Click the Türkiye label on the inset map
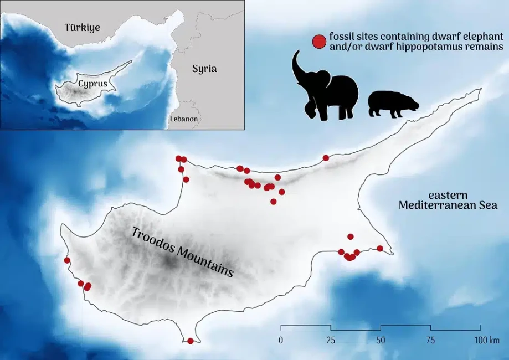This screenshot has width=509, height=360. coord(83,27)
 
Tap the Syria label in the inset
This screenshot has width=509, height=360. coord(204,69)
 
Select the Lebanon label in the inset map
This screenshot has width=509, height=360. coord(184,119)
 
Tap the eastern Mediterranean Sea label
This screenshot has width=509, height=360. coord(448,200)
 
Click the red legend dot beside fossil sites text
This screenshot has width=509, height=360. coord(319,42)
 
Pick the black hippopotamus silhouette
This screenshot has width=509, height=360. coord(393,104)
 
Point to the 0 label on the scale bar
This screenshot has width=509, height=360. coord(281,340)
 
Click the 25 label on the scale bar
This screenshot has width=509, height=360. coord(331,340)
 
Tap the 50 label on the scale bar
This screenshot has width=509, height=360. coord(381,340)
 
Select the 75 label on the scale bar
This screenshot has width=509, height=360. coord(430,340)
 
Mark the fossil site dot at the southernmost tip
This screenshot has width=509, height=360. coord(191,341)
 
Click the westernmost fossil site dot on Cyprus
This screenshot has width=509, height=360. coord(67,260)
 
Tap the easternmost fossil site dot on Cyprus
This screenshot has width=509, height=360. coord(380,248)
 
